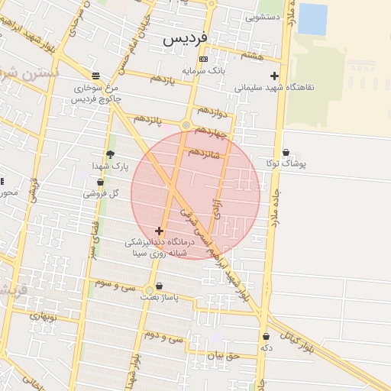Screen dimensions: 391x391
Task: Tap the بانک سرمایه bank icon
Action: [202, 59]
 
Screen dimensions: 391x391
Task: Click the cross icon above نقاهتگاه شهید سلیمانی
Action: [274, 76]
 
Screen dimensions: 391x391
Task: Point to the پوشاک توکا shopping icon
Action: [286, 152]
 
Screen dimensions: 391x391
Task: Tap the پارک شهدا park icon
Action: [110, 154]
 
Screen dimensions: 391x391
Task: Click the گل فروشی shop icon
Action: [100, 182]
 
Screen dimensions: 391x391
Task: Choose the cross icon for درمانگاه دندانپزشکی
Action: [159, 231]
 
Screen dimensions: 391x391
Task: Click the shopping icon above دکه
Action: [266, 336]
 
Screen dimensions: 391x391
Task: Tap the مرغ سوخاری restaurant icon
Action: [95, 76]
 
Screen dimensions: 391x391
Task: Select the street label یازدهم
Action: [162, 79]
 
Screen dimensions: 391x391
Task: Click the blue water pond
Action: [312, 19]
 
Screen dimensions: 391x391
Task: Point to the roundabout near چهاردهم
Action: [186, 124]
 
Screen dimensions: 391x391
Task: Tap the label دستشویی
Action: [261, 15]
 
